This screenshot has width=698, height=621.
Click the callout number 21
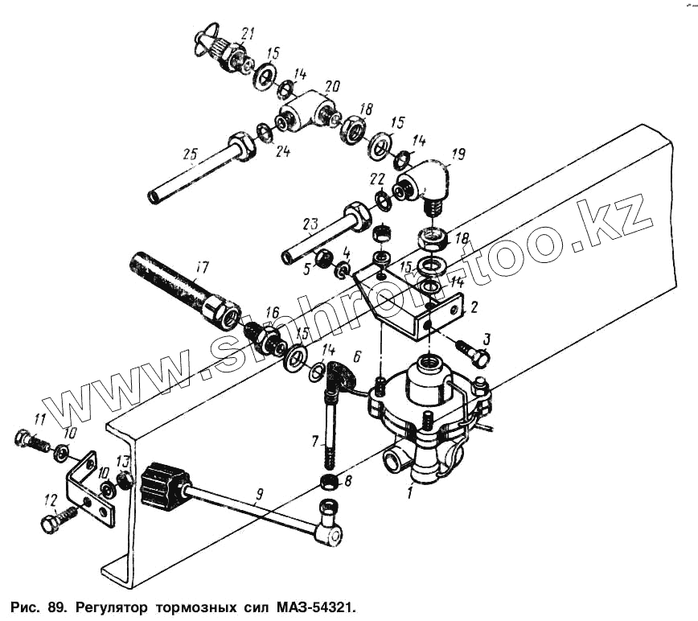tap(248, 33)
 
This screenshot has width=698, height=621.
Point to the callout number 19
tap(458, 152)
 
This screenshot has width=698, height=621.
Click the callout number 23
tap(310, 222)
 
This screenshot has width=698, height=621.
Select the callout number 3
tap(485, 338)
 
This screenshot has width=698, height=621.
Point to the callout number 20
tap(332, 85)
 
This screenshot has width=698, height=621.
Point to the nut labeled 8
tap(327, 482)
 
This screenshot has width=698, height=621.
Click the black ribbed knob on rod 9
tap(163, 487)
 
